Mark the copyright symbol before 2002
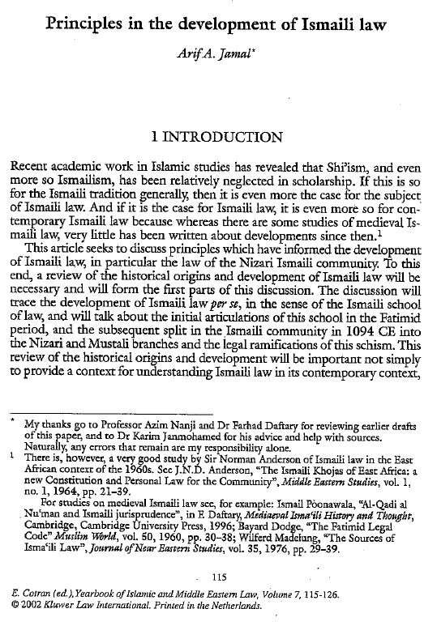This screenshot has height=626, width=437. pyautogui.click(x=17, y=604)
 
